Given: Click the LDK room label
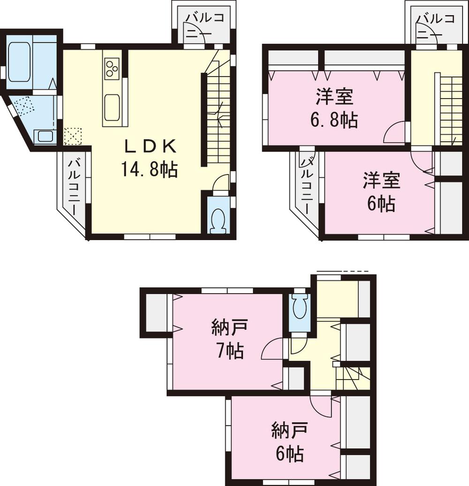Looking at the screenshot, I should (x=150, y=147).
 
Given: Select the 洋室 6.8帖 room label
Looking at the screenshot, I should (x=334, y=98).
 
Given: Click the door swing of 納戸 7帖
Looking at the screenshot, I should (x=272, y=349).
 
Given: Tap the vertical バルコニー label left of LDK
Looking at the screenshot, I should (x=74, y=188).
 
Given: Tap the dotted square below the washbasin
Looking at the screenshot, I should (x=73, y=137).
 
